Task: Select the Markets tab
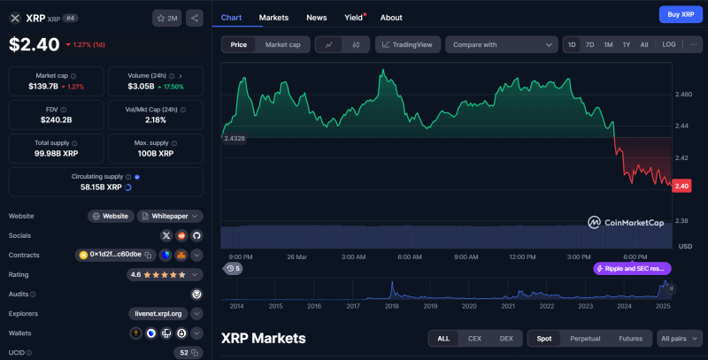pos(273,18)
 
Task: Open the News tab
pos(316,18)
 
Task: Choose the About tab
pos(391,18)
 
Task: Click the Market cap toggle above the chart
pos(283,44)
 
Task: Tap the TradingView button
pos(408,44)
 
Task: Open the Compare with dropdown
pos(501,44)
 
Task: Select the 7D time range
pos(589,44)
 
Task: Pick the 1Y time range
pos(626,44)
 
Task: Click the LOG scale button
pos(668,44)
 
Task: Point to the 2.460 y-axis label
pos(683,93)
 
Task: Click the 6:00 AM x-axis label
pos(410,257)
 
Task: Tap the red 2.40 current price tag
pos(681,186)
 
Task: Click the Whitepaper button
pos(170,216)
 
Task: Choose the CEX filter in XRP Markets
pos(474,339)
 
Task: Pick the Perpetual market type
pos(585,339)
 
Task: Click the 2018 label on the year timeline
pos(391,306)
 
